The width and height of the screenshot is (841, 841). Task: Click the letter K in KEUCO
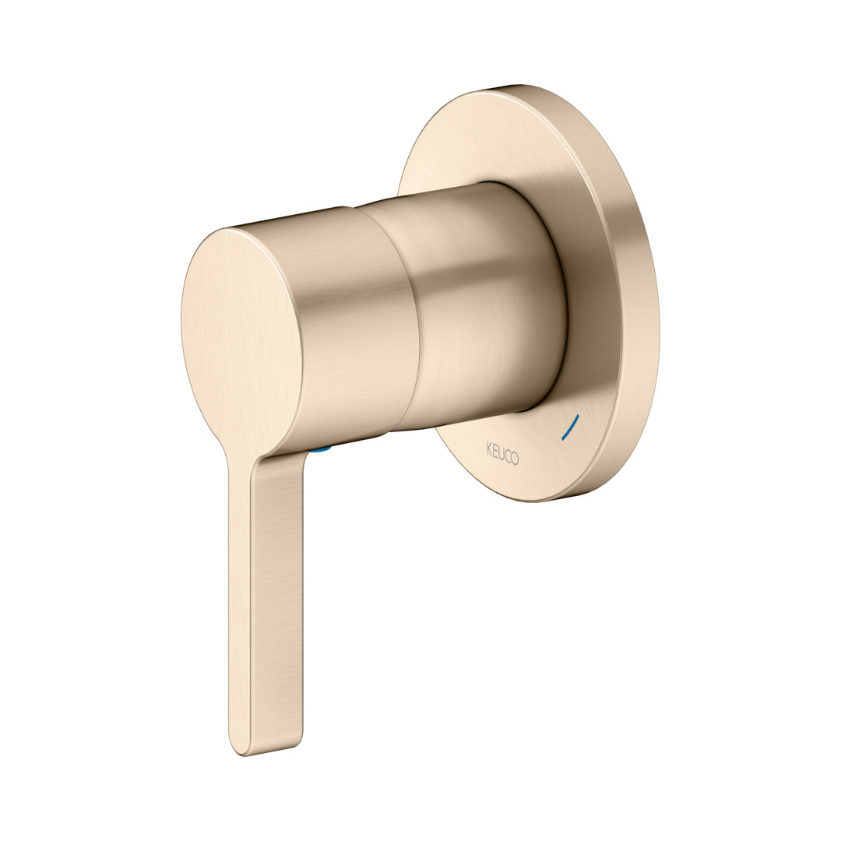click(489, 448)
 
